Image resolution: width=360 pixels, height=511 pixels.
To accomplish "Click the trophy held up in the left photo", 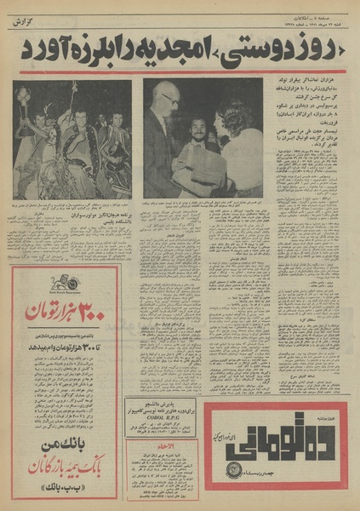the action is tap(26, 94).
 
